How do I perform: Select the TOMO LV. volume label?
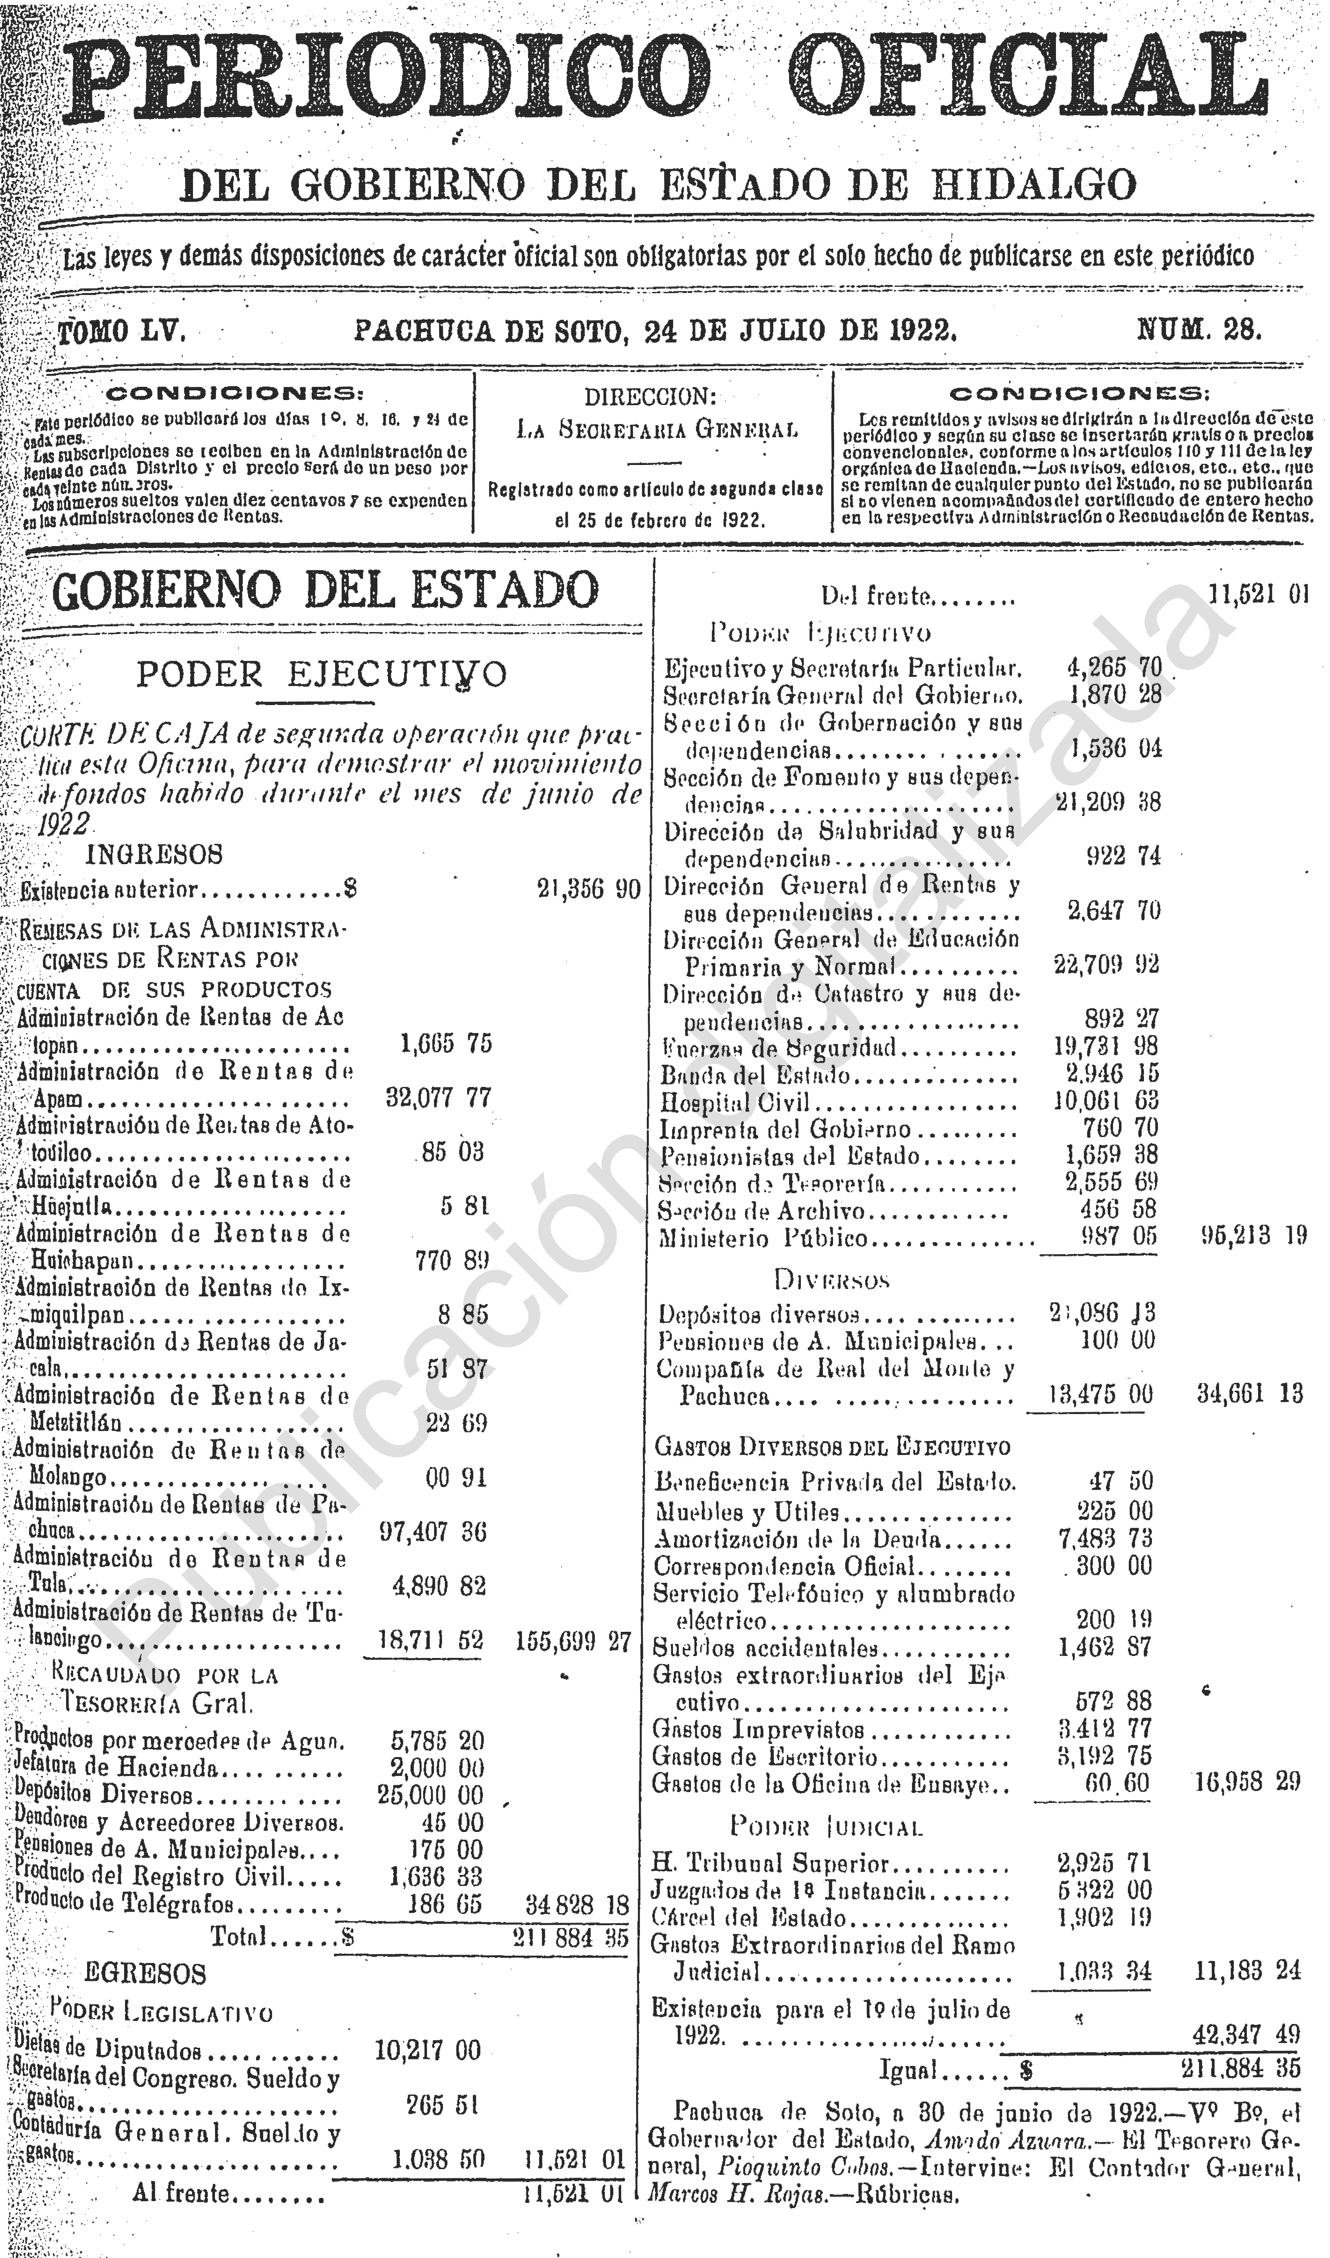pos(122,333)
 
